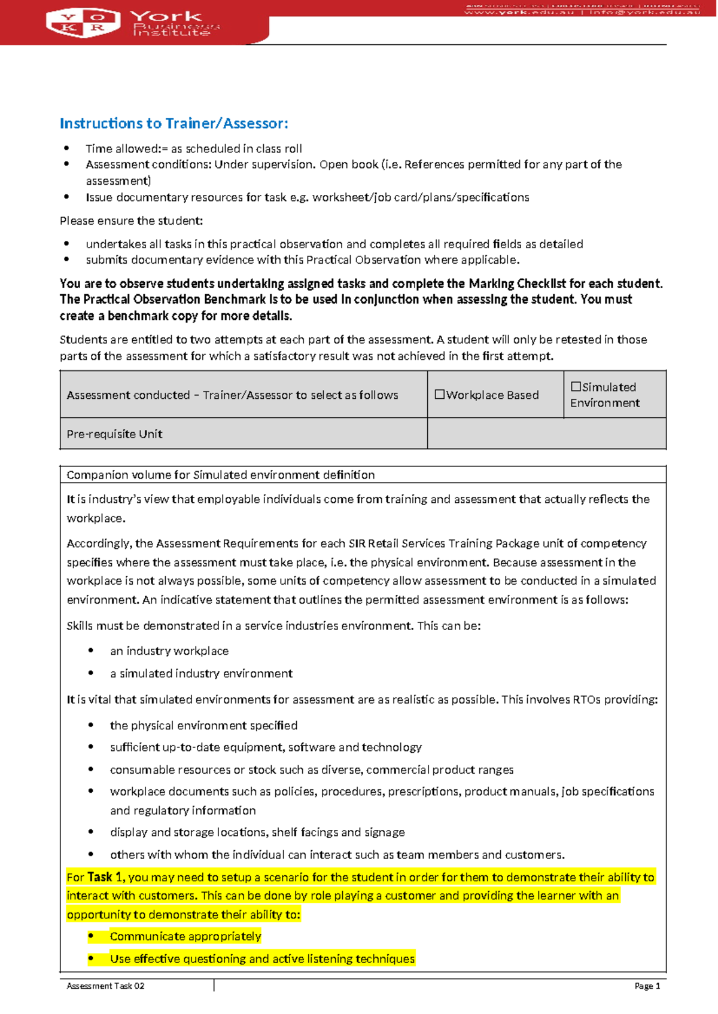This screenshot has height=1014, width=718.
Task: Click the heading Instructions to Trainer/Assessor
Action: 174,123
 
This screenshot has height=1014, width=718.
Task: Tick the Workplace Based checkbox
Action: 439,395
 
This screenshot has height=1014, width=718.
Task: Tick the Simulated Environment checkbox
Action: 575,387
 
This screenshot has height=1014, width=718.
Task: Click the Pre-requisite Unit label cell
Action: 114,434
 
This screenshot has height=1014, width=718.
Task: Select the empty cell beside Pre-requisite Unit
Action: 546,433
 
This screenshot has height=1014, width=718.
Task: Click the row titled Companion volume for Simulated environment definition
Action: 220,475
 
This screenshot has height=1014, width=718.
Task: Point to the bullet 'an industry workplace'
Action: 169,650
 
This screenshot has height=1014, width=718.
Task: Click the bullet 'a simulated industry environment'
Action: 201,673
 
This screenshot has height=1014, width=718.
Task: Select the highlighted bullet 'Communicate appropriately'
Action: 185,936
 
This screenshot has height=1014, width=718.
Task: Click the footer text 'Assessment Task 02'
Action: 105,986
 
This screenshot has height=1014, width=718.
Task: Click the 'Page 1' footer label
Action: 647,986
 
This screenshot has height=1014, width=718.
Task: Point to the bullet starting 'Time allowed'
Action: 193,148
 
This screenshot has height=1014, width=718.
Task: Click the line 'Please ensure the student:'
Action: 131,221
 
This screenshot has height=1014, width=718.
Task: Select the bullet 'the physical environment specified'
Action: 203,725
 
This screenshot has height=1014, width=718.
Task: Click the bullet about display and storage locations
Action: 257,832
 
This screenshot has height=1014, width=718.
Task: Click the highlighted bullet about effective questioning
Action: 262,958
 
